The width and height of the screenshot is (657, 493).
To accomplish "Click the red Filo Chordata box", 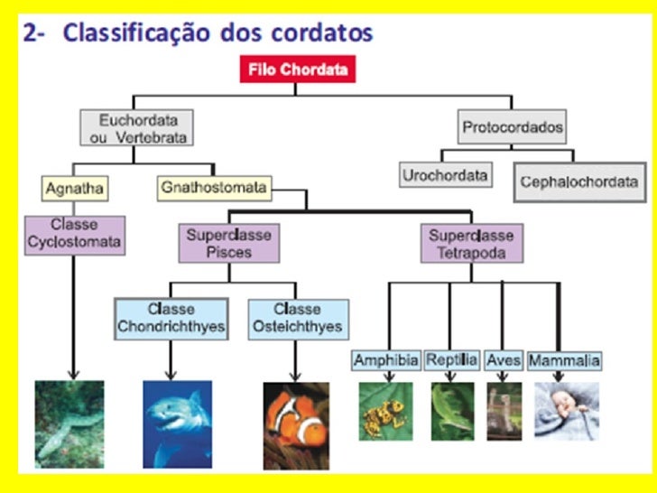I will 298,70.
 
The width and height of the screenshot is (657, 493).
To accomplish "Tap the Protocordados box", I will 513,127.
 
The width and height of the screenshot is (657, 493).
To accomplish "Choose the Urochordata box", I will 446,174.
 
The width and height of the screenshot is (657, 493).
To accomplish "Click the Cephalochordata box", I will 578,181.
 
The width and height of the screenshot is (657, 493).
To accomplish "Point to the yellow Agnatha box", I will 74,189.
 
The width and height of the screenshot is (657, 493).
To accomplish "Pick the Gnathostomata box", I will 214,188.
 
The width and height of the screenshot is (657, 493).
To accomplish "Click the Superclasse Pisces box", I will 229,243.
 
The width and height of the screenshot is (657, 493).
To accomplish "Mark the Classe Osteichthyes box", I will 297,319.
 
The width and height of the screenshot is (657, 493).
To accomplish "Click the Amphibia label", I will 386,360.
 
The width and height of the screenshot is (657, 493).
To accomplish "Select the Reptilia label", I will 451,360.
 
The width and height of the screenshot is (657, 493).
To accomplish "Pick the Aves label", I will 504,360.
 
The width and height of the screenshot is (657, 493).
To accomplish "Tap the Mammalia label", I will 564,361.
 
